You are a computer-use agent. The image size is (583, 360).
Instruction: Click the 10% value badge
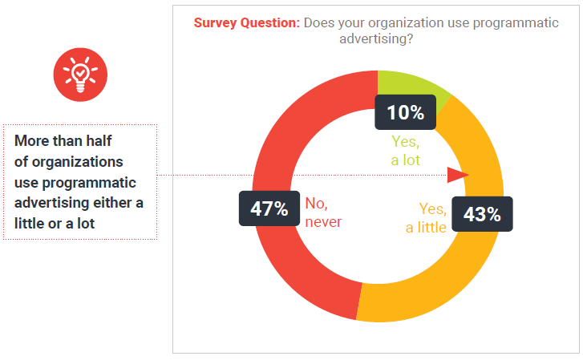point(405,112)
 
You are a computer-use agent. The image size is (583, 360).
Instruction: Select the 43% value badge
point(482,214)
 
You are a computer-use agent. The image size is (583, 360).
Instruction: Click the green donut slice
point(409,83)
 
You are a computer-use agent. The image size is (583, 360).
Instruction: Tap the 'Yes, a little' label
point(427,218)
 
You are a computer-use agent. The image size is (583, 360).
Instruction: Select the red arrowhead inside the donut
point(458,176)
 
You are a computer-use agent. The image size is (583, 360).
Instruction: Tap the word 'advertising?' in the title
point(377,38)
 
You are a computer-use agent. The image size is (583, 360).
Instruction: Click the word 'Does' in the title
point(318,22)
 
